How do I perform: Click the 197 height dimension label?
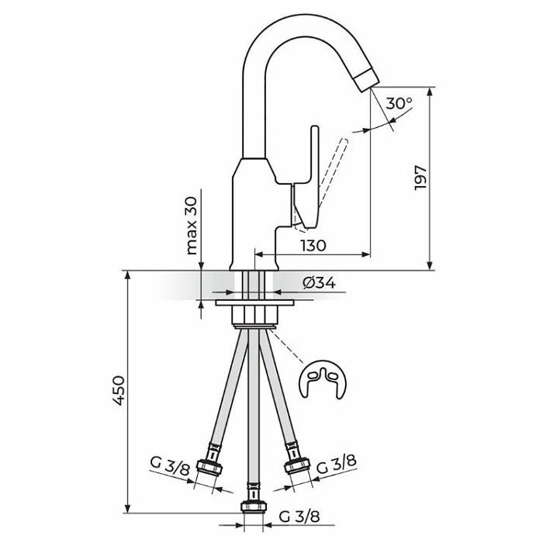coord(420,177)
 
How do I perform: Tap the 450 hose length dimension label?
coord(118,390)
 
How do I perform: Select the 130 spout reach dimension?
coord(313,246)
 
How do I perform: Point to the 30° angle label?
coord(399,103)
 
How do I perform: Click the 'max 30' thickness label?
coord(191,226)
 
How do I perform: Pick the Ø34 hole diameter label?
coord(319,283)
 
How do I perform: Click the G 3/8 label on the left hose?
coord(170,466)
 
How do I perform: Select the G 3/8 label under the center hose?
coord(299,517)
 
